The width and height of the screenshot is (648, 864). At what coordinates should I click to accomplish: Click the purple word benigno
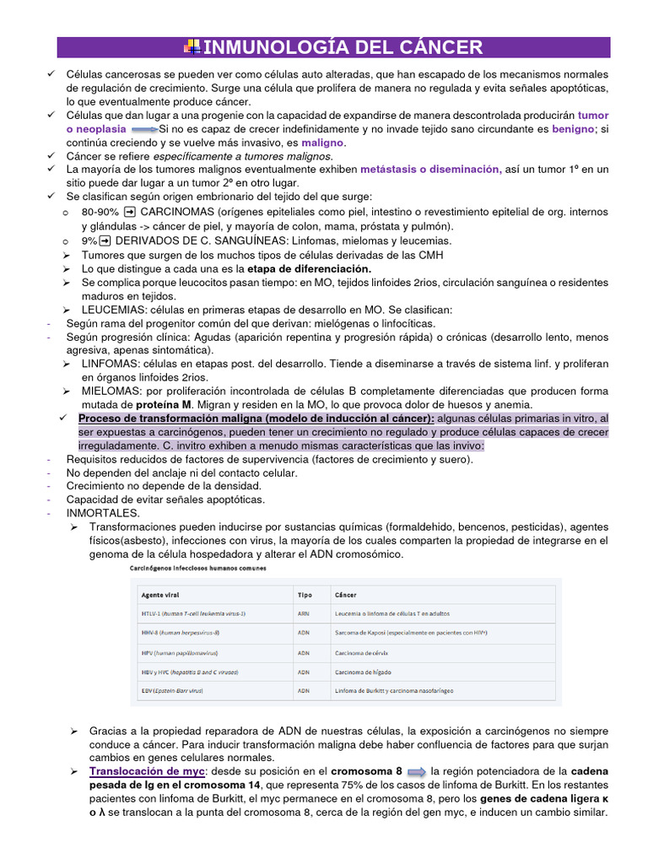[x=573, y=129]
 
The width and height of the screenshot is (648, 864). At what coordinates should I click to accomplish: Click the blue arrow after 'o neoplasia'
[x=144, y=129]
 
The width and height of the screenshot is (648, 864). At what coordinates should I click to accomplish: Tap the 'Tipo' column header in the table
[x=305, y=595]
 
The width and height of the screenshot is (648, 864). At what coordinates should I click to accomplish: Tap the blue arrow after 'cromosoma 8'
[x=417, y=771]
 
